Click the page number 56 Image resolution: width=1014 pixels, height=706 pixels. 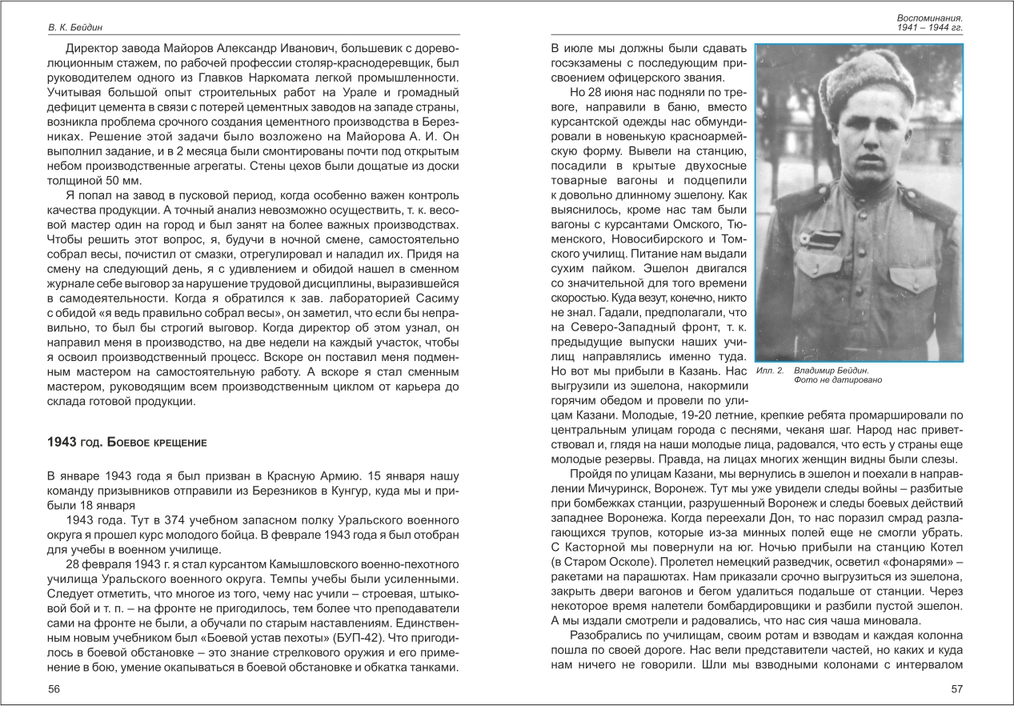(x=54, y=689)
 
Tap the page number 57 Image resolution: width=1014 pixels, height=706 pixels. (x=956, y=689)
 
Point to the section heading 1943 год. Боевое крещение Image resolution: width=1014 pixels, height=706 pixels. (x=127, y=442)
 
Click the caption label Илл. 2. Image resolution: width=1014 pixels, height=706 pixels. (x=770, y=371)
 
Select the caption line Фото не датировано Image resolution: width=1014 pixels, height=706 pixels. (x=837, y=381)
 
